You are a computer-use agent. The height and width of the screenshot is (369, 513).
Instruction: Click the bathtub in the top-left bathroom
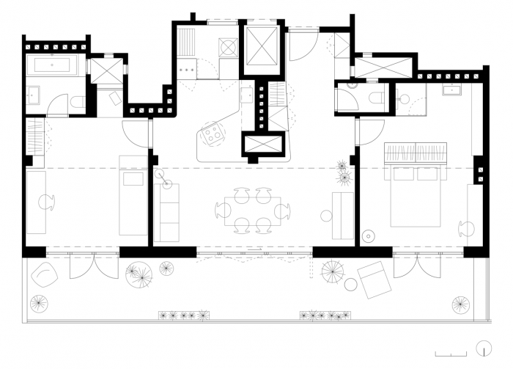(x=50, y=66)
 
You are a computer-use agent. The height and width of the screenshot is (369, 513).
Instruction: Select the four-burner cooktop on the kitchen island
(x=215, y=133)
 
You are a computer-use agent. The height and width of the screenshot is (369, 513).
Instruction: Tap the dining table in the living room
(x=253, y=211)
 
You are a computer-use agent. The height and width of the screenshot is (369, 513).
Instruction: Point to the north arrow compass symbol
(x=483, y=347)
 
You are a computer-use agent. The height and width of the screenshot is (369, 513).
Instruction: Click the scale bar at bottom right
(x=451, y=353)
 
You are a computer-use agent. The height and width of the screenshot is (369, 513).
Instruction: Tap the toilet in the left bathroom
(x=77, y=103)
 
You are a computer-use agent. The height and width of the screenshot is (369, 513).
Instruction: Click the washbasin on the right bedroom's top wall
(x=449, y=91)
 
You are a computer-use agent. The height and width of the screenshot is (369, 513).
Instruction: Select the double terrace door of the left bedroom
(x=83, y=266)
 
